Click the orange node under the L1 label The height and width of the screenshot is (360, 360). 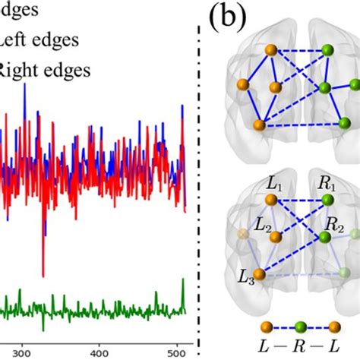tap(269, 200)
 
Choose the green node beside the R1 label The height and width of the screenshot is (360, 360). tap(327, 200)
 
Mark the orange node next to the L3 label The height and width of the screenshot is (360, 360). tap(259, 274)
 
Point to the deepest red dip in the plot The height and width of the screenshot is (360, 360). tap(43, 275)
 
